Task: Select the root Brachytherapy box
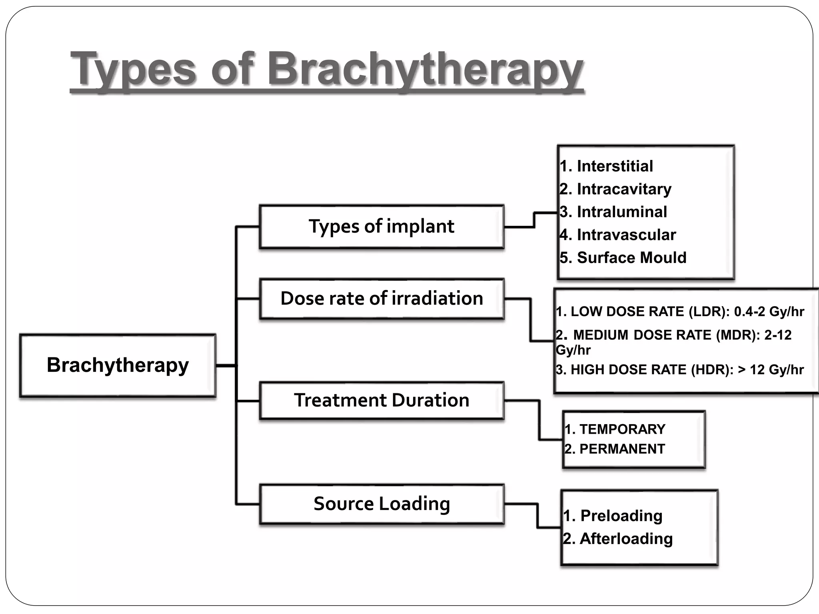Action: pos(118,365)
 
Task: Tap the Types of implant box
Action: pos(381,227)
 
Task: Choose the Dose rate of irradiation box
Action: pos(381,299)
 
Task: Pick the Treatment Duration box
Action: pos(381,400)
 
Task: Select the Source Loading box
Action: pos(381,504)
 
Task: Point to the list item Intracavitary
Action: pos(623,189)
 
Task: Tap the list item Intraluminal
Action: pos(621,212)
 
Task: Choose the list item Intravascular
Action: pos(626,235)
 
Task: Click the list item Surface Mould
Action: pos(631,257)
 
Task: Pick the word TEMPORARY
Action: pos(622,429)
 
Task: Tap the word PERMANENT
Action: pos(622,449)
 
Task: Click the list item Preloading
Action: pos(621,516)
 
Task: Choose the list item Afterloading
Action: pos(626,539)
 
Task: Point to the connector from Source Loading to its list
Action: pos(537,516)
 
